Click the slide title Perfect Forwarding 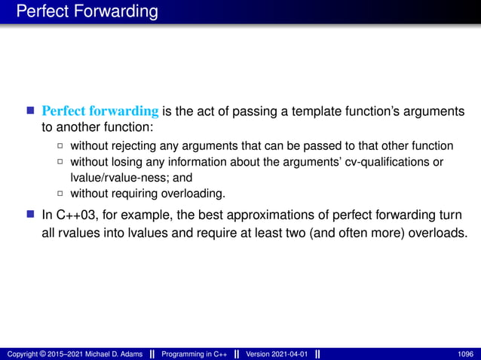87,12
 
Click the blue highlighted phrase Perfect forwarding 100,111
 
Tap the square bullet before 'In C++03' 31,214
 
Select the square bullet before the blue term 31,112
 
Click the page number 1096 465,354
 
